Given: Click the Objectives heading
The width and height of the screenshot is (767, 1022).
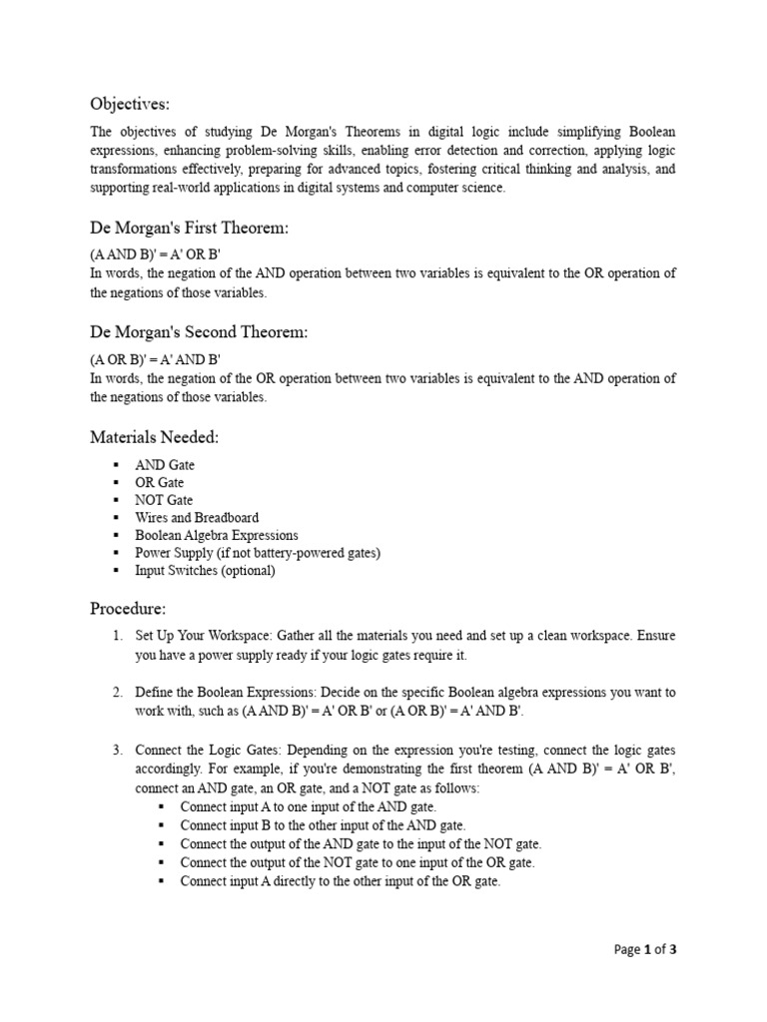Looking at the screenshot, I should pyautogui.click(x=130, y=104).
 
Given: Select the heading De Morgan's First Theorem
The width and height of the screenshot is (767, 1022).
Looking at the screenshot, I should pyautogui.click(x=189, y=229).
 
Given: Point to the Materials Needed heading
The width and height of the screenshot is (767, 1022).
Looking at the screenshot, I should pyautogui.click(x=155, y=436).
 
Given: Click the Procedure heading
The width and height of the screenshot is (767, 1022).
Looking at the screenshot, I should pyautogui.click(x=128, y=608).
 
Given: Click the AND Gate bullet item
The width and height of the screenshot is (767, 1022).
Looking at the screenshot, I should pyautogui.click(x=165, y=465).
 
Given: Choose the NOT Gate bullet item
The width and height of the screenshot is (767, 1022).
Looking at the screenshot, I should pyautogui.click(x=165, y=500).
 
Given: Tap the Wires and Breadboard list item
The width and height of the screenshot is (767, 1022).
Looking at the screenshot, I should pyautogui.click(x=197, y=518).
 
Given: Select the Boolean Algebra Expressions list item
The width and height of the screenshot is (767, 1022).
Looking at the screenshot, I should pyautogui.click(x=217, y=535).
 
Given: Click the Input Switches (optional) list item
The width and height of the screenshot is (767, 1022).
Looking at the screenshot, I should pyautogui.click(x=205, y=571).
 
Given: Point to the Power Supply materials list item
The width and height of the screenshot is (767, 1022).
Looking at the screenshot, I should pyautogui.click(x=259, y=553).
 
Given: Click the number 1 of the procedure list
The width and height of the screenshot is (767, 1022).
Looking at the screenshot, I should pyautogui.click(x=117, y=636).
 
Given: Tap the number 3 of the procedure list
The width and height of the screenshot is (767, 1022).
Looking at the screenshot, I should pyautogui.click(x=117, y=749).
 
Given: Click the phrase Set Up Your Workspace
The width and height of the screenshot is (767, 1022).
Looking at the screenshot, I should pyautogui.click(x=203, y=636).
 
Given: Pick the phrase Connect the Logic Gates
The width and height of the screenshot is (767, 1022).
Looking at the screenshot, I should pyautogui.click(x=201, y=749).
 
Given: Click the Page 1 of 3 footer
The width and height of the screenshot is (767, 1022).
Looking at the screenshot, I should pyautogui.click(x=645, y=949).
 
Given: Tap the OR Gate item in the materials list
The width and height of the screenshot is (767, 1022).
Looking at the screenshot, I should pyautogui.click(x=161, y=483).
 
